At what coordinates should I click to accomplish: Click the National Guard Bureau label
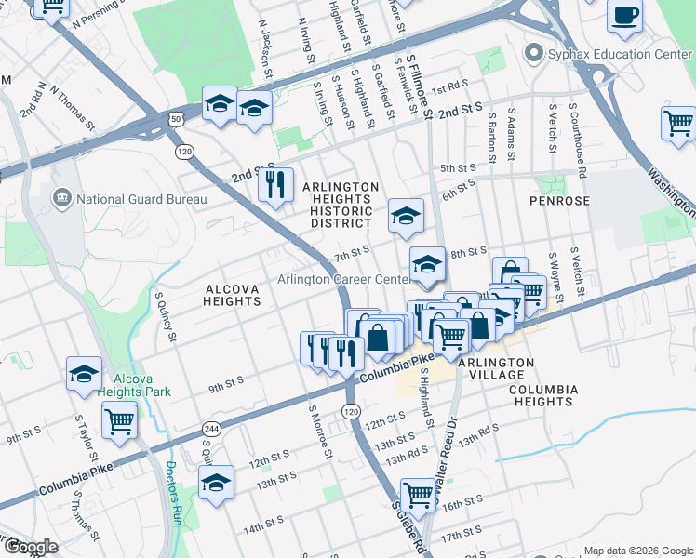[x=129, y=199]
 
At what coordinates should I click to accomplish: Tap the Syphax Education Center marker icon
[x=533, y=54]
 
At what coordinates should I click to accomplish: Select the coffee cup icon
[x=624, y=16]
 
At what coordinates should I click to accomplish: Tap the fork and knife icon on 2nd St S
[x=274, y=183]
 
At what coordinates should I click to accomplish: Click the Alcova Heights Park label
[x=141, y=386]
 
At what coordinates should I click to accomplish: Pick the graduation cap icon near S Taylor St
[x=85, y=374]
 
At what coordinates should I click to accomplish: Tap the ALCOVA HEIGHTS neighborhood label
[x=232, y=295]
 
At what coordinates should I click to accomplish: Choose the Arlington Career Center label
[x=343, y=280]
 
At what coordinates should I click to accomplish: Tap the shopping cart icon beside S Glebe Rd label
[x=418, y=495]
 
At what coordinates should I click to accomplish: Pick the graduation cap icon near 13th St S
[x=217, y=483]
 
